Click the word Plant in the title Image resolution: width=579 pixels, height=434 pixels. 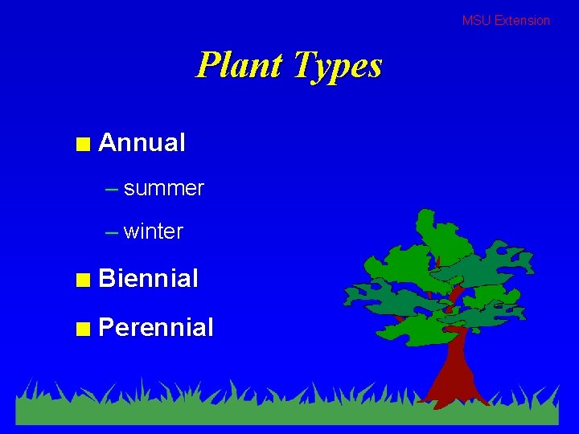tap(241, 65)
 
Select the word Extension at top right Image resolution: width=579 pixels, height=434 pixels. tap(522, 21)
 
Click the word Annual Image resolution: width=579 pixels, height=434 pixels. tap(142, 143)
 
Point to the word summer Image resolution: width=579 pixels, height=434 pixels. tap(164, 188)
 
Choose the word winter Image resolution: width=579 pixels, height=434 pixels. tap(154, 231)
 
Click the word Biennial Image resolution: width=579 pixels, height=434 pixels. tap(148, 279)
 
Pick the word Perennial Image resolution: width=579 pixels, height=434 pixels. tap(155, 327)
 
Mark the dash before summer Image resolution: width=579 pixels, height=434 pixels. tap(112, 190)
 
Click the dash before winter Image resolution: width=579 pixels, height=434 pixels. tap(112, 233)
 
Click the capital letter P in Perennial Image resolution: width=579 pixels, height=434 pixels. tap(105, 327)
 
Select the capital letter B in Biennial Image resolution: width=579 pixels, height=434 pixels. tap(105, 279)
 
